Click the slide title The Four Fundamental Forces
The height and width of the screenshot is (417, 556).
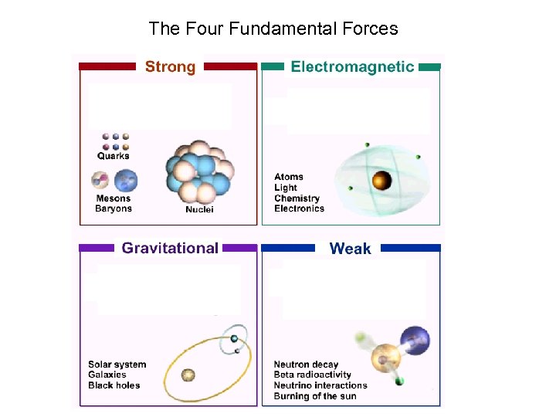273,29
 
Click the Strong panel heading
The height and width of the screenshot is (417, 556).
170,67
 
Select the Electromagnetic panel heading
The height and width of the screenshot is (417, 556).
352,67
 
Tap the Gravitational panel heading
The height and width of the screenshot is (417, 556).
170,248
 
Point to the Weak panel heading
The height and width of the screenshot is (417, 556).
350,249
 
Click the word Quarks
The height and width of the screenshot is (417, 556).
114,156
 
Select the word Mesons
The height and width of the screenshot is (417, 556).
114,198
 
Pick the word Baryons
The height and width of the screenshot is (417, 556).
114,208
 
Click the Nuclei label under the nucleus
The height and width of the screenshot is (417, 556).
199,209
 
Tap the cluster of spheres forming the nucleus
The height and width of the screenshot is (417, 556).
198,171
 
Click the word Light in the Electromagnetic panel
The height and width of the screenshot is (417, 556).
286,188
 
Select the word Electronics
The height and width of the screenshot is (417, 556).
299,208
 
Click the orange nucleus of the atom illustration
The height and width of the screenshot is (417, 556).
381,181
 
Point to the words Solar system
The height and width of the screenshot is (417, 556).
117,364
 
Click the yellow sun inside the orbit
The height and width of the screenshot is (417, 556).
188,375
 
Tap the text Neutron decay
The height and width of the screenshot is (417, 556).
306,364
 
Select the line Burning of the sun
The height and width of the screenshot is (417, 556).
314,396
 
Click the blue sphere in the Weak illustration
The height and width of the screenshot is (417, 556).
416,341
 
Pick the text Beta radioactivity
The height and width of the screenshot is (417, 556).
312,375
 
